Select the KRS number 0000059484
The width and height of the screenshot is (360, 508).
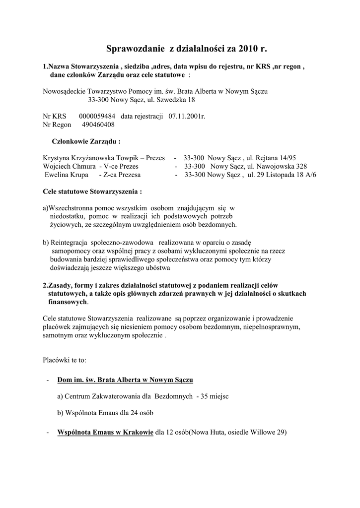(x=97, y=116)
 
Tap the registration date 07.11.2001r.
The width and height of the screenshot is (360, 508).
(x=186, y=116)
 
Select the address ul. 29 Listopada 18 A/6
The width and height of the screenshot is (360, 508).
(x=282, y=175)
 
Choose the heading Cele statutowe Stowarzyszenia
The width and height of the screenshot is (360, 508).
(x=89, y=190)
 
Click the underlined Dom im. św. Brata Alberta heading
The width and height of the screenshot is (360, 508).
(x=125, y=380)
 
